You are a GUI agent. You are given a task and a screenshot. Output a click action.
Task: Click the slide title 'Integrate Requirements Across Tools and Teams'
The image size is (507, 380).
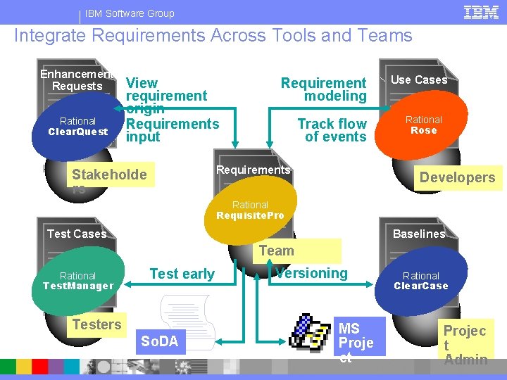pyautogui.click(x=213, y=36)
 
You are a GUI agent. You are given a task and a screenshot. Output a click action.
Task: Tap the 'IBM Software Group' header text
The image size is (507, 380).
pyautogui.click(x=130, y=13)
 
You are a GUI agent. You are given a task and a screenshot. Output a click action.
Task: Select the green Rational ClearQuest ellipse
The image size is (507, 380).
pyautogui.click(x=78, y=126)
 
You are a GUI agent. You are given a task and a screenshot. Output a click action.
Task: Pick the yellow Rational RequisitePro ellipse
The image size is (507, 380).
pyautogui.click(x=250, y=210)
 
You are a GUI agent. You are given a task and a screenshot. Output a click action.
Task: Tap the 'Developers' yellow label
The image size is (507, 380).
pyautogui.click(x=457, y=177)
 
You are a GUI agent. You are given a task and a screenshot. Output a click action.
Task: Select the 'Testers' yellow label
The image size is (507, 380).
pyautogui.click(x=96, y=324)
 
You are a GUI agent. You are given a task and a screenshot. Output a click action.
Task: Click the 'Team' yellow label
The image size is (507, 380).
pyautogui.click(x=276, y=251)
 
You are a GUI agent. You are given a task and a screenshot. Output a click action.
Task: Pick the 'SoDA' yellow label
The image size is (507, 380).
pyautogui.click(x=160, y=342)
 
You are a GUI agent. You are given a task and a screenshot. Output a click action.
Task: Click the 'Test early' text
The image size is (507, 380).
pyautogui.click(x=182, y=274)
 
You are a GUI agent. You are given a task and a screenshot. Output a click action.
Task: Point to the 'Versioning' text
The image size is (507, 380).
pyautogui.click(x=312, y=273)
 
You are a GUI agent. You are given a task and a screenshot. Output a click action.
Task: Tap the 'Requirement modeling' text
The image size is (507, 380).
pyautogui.click(x=324, y=89)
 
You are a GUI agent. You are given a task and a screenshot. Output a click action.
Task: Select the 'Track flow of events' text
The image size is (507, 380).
pyautogui.click(x=332, y=130)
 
